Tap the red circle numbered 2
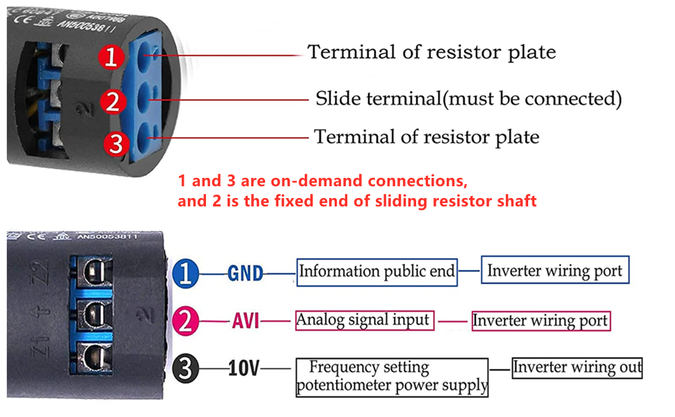pos(113,102)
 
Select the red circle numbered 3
pos(116,144)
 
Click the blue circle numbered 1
pos(185,273)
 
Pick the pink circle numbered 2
pos(185,321)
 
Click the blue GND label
pos(246,274)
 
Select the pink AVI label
pos(245,322)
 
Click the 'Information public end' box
pos(377,272)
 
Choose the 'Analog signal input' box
pos(364,320)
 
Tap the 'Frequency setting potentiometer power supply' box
pos(392,377)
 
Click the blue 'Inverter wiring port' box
pos(555,271)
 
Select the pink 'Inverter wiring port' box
pos(541,321)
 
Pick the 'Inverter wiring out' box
pos(577,368)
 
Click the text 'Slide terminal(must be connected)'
pos(468,99)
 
